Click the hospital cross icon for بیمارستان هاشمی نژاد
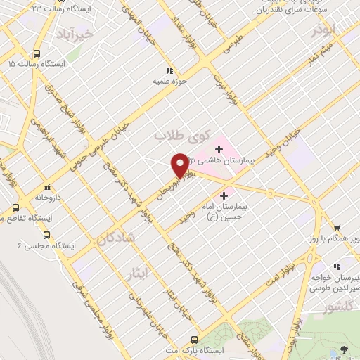point(219,148)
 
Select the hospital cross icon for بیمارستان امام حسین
point(224,195)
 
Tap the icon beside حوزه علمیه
point(168,70)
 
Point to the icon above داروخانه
point(47,188)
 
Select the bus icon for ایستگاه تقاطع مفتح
point(16,208)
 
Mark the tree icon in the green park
point(344,349)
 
